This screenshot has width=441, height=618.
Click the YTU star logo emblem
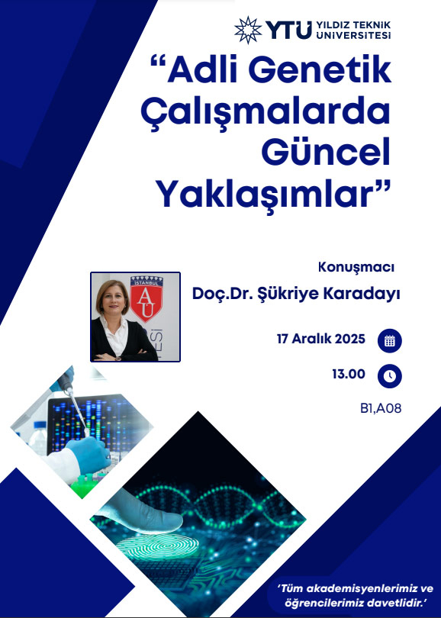coord(248,30)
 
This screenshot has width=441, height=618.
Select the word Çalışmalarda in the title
coord(266,112)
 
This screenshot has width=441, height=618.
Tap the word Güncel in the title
coord(326,151)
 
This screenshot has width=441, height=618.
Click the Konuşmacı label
coord(356,267)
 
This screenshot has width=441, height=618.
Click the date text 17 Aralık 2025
coord(320,339)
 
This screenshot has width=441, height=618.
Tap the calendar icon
coord(390,340)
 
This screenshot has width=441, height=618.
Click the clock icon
coord(390,376)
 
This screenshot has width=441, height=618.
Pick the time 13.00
coord(349,374)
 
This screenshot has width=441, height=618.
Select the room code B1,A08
coord(381,408)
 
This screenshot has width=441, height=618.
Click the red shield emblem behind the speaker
coord(146,298)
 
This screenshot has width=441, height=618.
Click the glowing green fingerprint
coord(157,545)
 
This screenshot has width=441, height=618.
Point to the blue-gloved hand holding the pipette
coord(89,454)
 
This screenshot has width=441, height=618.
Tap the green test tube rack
coord(84,485)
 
